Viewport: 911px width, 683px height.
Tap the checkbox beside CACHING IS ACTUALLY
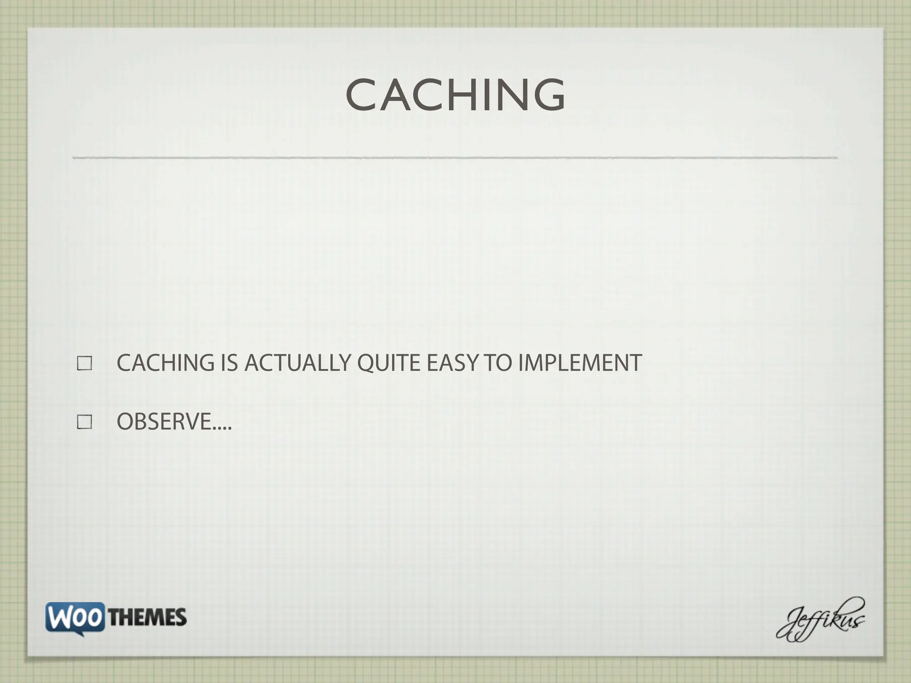point(85,363)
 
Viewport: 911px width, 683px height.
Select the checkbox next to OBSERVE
point(85,422)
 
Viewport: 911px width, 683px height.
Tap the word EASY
point(452,363)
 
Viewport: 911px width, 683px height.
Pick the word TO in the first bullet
point(498,363)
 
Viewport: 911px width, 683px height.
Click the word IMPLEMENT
point(580,363)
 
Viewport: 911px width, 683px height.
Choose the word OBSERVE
point(164,422)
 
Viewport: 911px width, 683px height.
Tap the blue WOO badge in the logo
point(75,617)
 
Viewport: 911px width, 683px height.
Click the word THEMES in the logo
point(147,618)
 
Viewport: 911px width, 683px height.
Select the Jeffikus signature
point(821,620)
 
